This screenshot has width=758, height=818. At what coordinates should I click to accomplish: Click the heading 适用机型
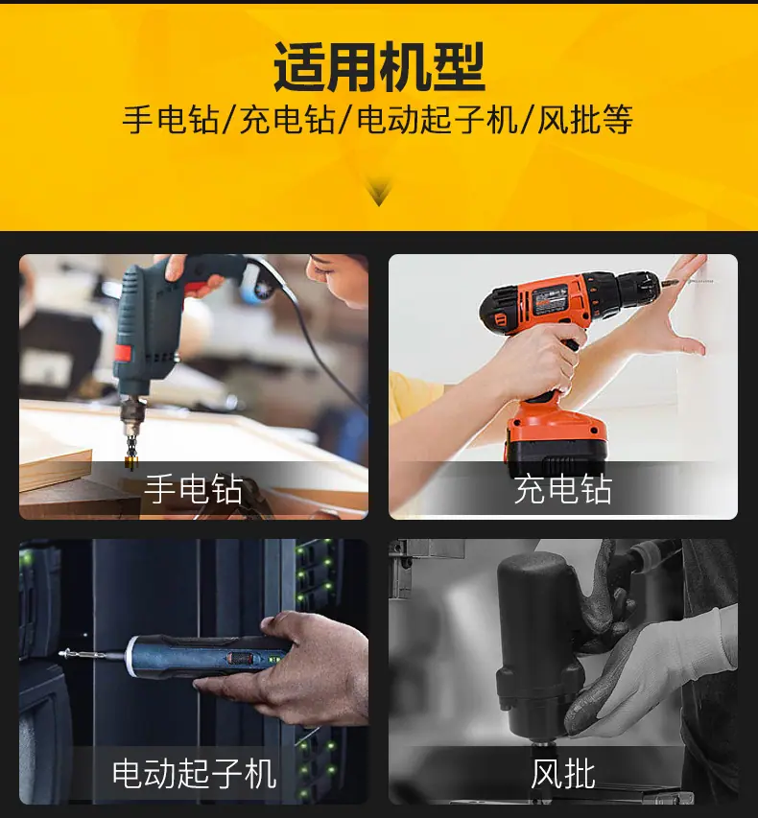tap(380, 68)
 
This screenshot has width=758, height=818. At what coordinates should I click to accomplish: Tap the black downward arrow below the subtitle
tap(379, 192)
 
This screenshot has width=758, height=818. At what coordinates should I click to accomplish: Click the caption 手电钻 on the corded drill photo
tap(193, 489)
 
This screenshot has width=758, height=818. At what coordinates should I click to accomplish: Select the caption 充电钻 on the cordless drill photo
tap(563, 489)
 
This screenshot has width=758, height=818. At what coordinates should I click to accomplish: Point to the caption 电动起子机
tap(194, 773)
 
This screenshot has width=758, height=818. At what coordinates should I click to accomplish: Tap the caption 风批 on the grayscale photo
tap(563, 773)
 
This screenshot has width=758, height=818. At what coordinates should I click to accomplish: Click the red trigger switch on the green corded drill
tap(122, 354)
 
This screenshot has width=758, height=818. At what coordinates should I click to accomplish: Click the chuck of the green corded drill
tap(132, 412)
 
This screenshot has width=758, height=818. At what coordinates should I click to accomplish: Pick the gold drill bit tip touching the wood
tap(130, 461)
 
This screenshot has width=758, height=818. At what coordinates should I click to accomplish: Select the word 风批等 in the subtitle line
tap(585, 120)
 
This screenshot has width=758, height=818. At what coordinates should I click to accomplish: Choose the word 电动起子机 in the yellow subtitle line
tap(437, 120)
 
